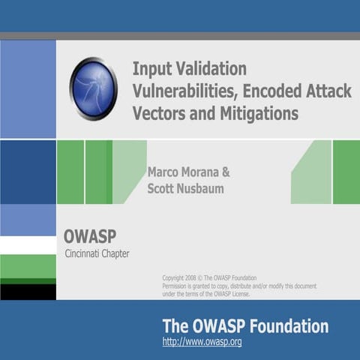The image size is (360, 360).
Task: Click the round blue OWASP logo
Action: (x=93, y=88)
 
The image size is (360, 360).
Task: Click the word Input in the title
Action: (x=151, y=69)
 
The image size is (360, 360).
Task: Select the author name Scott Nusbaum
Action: (x=185, y=188)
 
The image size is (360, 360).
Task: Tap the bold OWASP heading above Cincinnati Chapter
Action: (x=90, y=236)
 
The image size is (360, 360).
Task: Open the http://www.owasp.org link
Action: (x=202, y=342)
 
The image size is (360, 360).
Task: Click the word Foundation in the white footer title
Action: (x=289, y=326)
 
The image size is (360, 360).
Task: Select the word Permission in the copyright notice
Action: (x=177, y=286)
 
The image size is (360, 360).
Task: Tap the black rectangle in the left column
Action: (x=28, y=291)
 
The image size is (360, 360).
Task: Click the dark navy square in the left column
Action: (x=28, y=172)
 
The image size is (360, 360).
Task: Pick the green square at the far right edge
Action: (x=346, y=172)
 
